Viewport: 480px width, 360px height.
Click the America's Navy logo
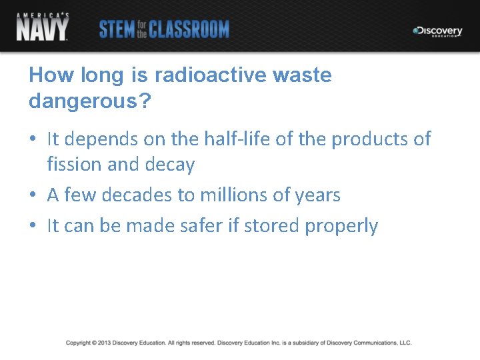click(43, 27)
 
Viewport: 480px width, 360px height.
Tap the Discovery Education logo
click(437, 31)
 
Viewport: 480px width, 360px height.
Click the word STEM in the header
click(115, 29)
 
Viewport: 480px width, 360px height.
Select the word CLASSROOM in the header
click(189, 29)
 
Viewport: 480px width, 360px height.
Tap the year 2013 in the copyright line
click(103, 343)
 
